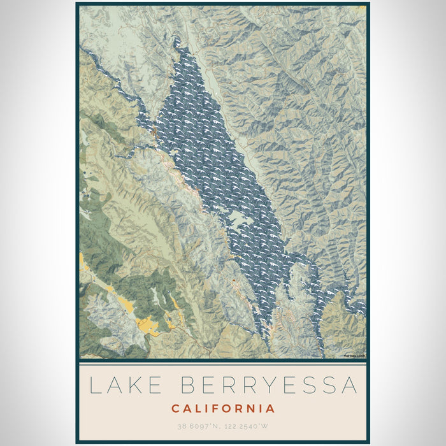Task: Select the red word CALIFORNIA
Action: [223, 408]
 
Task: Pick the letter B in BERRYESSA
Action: [190, 385]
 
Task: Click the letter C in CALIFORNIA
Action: [175, 408]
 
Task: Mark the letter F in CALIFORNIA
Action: [215, 408]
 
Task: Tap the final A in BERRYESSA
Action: [348, 385]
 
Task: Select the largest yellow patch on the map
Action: [150, 325]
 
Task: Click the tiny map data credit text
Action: [354, 356]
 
